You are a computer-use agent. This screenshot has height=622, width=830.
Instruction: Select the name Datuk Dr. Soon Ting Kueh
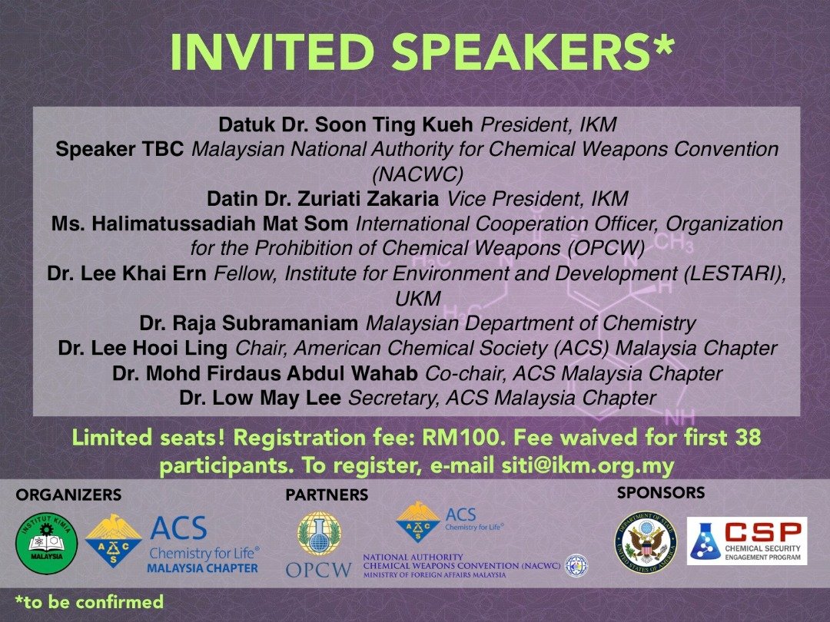346,125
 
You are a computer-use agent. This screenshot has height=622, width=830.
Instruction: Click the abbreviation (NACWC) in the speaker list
417,174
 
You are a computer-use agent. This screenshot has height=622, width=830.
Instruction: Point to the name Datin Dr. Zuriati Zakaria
322,199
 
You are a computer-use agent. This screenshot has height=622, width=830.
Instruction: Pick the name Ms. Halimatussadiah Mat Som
200,223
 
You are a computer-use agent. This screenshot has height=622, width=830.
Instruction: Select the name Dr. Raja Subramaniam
249,323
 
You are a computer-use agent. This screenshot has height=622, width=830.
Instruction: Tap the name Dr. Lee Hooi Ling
143,348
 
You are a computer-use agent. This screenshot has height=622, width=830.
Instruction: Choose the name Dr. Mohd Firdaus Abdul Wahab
264,373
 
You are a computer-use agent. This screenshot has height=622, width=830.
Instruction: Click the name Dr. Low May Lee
260,398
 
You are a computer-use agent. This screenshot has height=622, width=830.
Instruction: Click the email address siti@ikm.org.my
588,466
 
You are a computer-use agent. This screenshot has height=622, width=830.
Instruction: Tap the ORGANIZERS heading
69,495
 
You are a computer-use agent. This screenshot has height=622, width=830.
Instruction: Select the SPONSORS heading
661,493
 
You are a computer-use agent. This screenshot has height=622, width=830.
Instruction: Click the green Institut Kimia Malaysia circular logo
47,544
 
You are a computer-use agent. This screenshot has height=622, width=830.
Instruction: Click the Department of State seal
646,542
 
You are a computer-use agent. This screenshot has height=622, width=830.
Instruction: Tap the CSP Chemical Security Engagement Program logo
747,541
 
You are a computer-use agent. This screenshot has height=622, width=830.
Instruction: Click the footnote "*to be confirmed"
89,602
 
